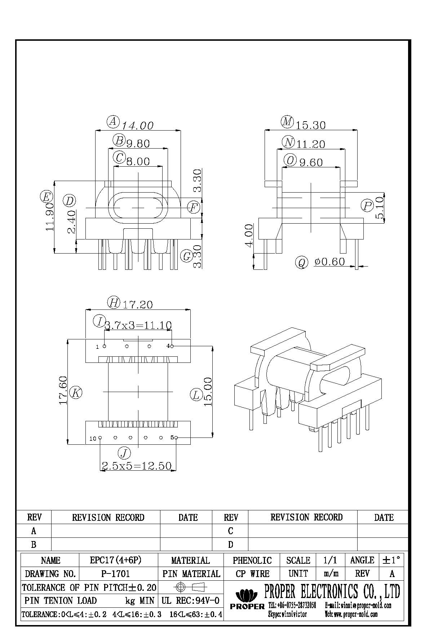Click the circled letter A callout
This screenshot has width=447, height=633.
[x=113, y=122]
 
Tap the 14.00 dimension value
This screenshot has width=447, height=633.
[x=138, y=126]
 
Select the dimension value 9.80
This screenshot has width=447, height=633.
[x=138, y=144]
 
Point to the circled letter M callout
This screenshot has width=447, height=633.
[x=287, y=122]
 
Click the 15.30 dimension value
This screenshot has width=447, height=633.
[x=311, y=125]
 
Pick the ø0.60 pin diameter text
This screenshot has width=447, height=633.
[x=329, y=261]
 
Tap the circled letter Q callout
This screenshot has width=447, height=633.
[x=302, y=262]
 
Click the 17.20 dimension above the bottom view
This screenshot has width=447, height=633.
[x=137, y=305]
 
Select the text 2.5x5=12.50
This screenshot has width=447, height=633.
[x=137, y=466]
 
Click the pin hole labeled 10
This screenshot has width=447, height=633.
[x=100, y=438]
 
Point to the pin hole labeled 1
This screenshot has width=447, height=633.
[x=105, y=347]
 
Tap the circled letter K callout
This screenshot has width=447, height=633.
[x=76, y=392]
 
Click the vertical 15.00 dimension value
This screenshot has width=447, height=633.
[x=208, y=392]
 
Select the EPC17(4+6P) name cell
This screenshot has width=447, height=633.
[x=116, y=560]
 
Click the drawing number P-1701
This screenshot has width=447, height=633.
[x=116, y=573]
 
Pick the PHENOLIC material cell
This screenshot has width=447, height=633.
[x=252, y=560]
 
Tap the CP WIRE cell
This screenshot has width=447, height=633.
[x=252, y=573]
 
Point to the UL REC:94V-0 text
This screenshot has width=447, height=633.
[x=191, y=601]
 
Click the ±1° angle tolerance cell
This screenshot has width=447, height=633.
[x=391, y=560]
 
